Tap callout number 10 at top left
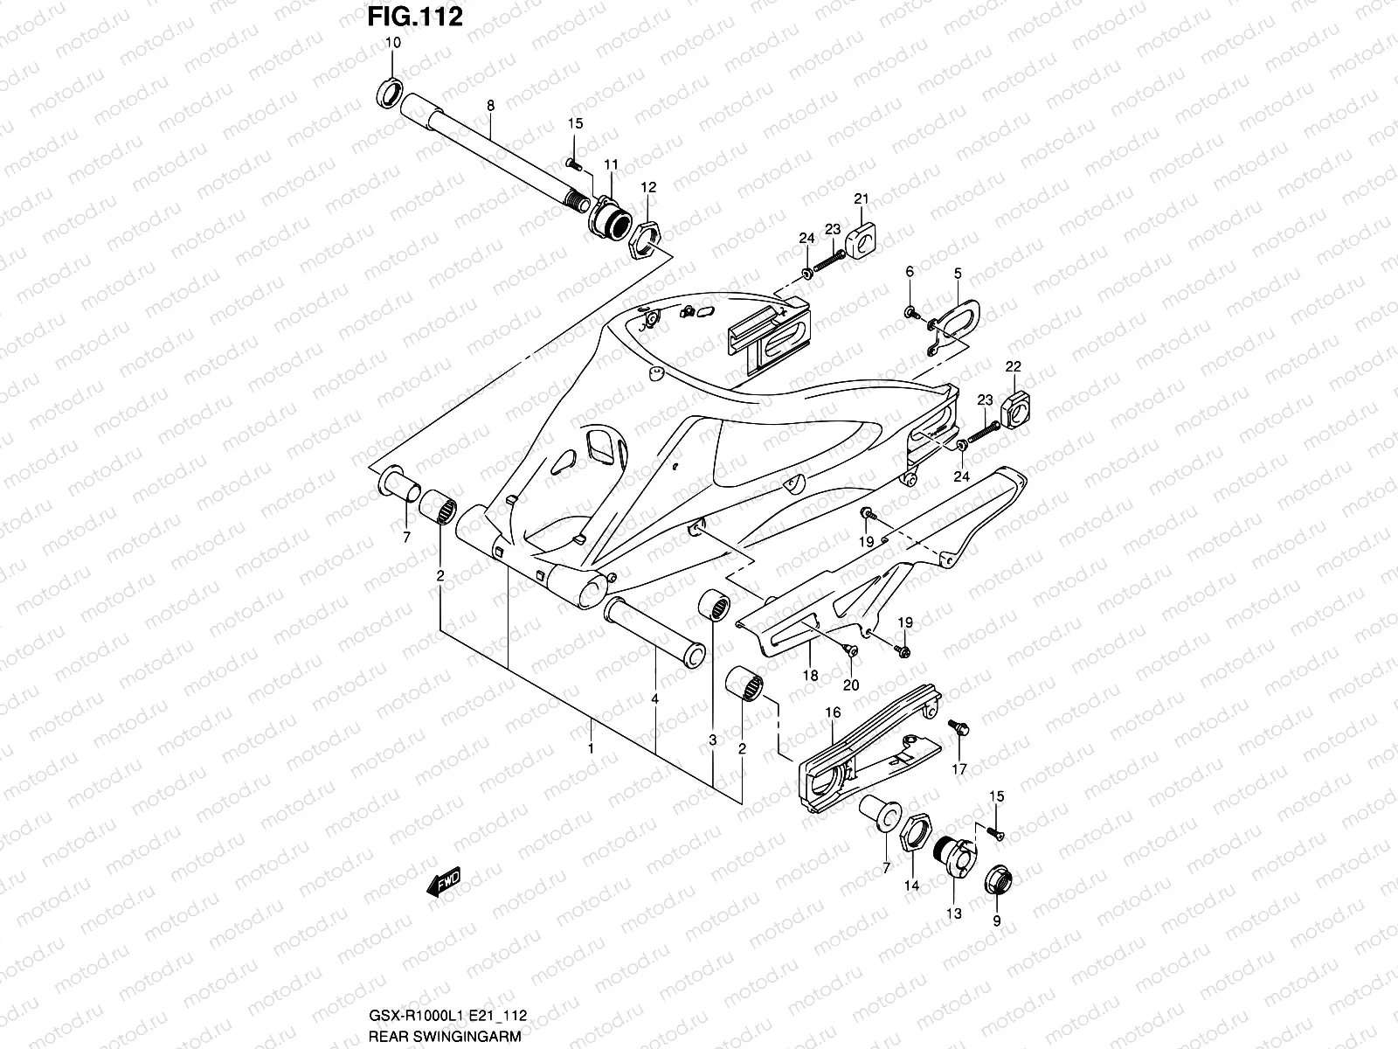[x=392, y=42]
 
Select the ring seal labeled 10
[x=390, y=92]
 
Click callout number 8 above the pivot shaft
[x=490, y=105]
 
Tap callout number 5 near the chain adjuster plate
[x=958, y=274]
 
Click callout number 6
[x=910, y=273]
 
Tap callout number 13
[x=953, y=914]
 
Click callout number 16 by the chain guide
[x=833, y=712]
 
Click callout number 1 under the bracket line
[x=591, y=748]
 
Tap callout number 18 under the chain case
[x=810, y=675]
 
